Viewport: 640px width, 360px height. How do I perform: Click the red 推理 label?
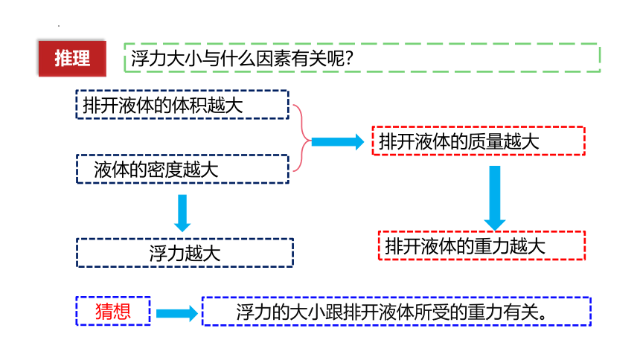pyautogui.click(x=72, y=58)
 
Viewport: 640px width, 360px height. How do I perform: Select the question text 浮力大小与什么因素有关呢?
pyautogui.click(x=242, y=58)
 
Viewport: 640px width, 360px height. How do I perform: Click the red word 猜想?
pyautogui.click(x=113, y=312)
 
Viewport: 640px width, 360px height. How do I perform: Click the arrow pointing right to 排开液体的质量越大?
pyautogui.click(x=338, y=142)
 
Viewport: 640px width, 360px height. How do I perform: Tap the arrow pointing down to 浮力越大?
pyautogui.click(x=182, y=213)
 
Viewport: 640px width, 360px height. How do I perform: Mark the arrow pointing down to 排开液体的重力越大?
pyautogui.click(x=495, y=199)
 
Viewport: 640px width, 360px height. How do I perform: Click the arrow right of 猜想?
pyautogui.click(x=177, y=313)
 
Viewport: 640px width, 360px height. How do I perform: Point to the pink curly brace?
pyautogui.click(x=302, y=138)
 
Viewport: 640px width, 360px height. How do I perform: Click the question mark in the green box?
pyautogui.click(x=348, y=58)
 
